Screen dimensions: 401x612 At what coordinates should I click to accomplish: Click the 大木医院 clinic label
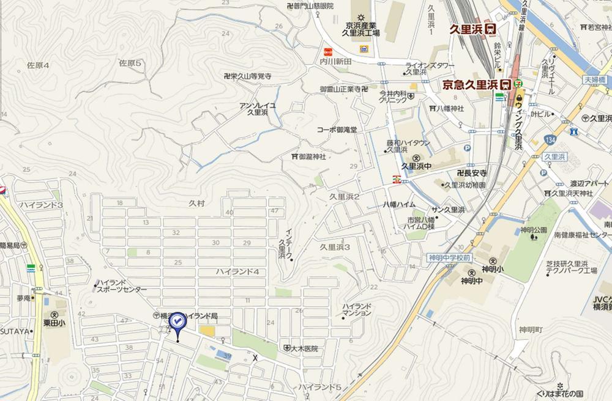pos(304,349)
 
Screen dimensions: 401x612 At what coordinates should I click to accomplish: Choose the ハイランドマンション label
pos(357,309)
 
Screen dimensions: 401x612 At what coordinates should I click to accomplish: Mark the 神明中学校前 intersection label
pos(449,258)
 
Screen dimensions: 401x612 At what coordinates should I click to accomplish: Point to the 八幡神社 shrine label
pos(450,108)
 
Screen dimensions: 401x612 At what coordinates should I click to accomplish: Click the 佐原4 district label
pos(37,64)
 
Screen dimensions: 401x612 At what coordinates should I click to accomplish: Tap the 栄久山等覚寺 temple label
pos(248,76)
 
